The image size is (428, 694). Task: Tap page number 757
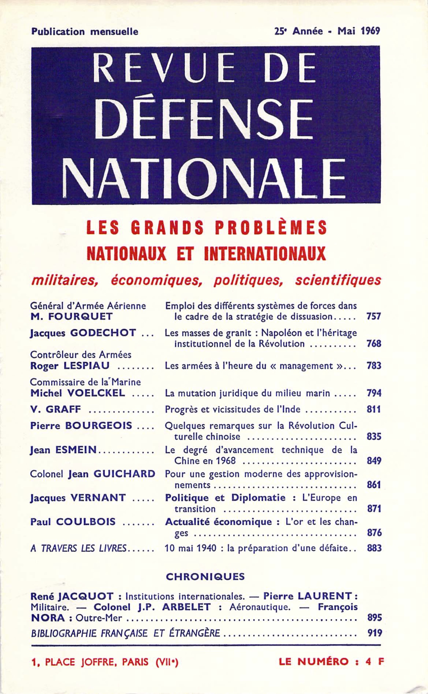tap(374, 316)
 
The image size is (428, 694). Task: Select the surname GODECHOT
tap(103, 333)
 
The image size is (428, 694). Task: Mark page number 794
tap(374, 393)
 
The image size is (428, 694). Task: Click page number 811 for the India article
tap(374, 410)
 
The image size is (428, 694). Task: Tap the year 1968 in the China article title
tap(225, 461)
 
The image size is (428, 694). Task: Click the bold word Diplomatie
tap(258, 498)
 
